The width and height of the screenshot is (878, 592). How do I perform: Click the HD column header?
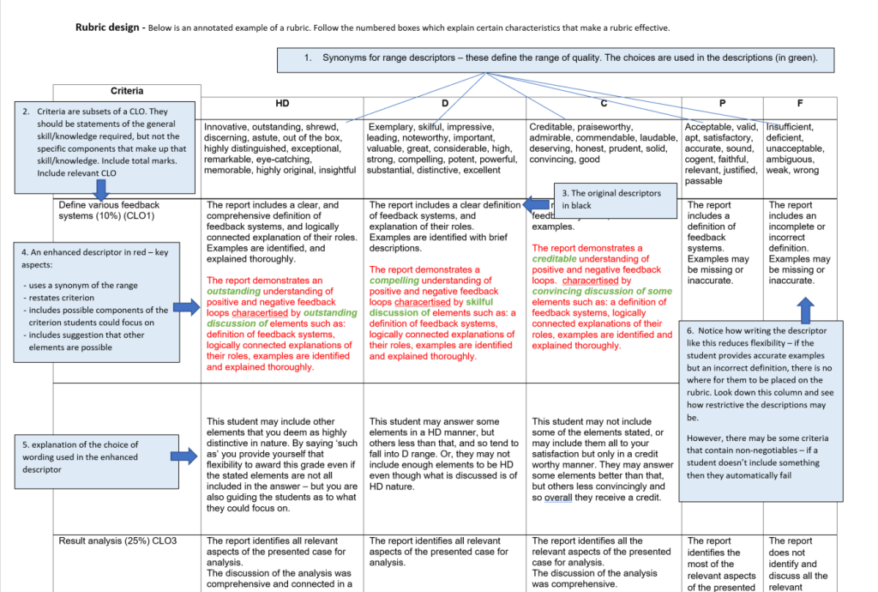[x=282, y=104]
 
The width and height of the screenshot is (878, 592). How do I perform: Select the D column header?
[x=444, y=104]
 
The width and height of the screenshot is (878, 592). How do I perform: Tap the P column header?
[x=721, y=104]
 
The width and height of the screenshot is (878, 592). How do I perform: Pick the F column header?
[x=799, y=104]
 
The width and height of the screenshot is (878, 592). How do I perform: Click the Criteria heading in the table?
[x=127, y=91]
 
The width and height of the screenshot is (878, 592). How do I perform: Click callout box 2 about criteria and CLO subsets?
[x=101, y=142]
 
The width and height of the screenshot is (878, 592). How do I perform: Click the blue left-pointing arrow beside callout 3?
[x=538, y=205]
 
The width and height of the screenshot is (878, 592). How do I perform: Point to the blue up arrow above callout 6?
[x=805, y=309]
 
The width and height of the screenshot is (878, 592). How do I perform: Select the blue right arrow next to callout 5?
[x=184, y=457]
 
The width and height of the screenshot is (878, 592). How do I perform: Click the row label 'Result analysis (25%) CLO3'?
[x=117, y=541]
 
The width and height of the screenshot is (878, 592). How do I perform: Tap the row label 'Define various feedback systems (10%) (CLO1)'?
[x=109, y=210]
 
